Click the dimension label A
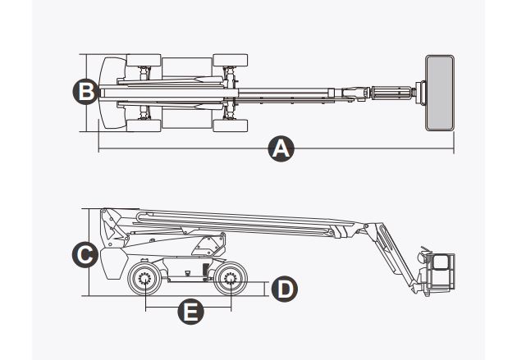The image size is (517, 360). (281, 149)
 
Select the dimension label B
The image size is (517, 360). (84, 90)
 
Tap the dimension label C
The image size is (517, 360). (83, 254)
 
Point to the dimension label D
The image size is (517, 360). (284, 289)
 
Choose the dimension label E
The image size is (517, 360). (190, 311)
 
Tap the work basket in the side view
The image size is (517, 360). (441, 270)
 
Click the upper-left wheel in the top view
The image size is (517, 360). (144, 61)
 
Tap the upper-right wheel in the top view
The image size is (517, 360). (231, 61)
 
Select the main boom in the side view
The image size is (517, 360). (246, 220)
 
